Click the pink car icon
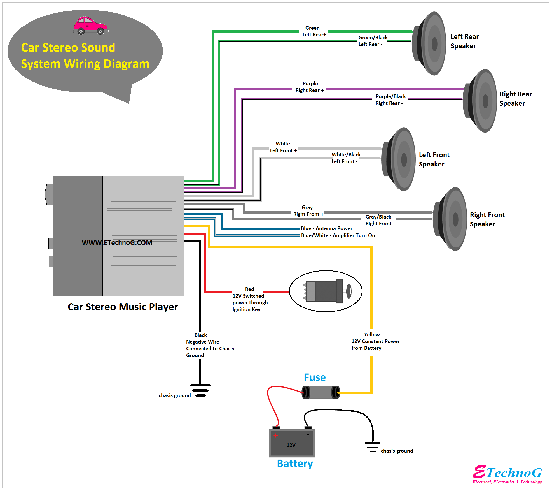pyautogui.click(x=90, y=26)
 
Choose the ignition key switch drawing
pyautogui.click(x=326, y=291)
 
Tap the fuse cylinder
pyautogui.click(x=321, y=392)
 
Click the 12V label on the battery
pyautogui.click(x=291, y=445)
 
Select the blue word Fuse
pyautogui.click(x=315, y=377)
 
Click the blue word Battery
pyautogui.click(x=295, y=464)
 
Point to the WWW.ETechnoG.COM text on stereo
pyautogui.click(x=117, y=243)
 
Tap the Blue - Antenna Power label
pyautogui.click(x=326, y=228)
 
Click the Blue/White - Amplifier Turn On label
pyautogui.click(x=338, y=235)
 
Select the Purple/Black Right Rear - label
pyautogui.click(x=390, y=100)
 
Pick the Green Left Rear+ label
pyautogui.click(x=314, y=31)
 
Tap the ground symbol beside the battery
pyautogui.click(x=372, y=447)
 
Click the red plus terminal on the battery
pyautogui.click(x=276, y=436)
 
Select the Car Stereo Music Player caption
pyautogui.click(x=123, y=307)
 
